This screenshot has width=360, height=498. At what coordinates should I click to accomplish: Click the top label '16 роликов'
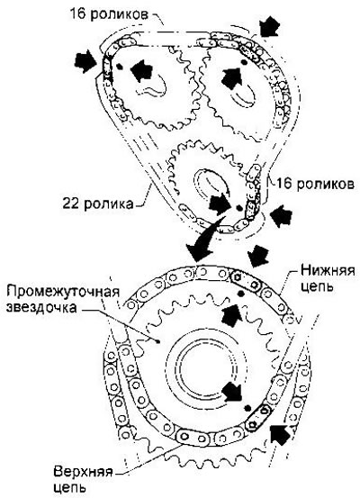[109, 14]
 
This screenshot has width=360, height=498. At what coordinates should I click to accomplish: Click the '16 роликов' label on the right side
[315, 184]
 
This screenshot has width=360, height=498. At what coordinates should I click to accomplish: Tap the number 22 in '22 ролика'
[70, 204]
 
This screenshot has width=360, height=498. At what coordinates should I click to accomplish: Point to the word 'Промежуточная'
[63, 291]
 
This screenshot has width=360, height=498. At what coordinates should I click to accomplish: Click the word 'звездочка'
[41, 307]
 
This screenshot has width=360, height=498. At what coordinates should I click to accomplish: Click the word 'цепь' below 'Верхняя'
[69, 487]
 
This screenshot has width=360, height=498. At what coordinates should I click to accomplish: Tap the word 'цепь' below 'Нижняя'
[317, 286]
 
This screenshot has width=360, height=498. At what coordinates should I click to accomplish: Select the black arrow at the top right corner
[269, 25]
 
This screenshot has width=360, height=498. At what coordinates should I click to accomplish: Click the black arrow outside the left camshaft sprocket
[85, 61]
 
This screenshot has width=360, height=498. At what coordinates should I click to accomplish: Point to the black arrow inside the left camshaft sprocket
[141, 70]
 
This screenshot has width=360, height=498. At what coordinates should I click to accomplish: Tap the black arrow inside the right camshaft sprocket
[232, 77]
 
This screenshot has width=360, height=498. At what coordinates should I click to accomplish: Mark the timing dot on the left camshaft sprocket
[119, 66]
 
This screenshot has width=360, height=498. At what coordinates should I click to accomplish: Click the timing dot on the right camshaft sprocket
[244, 62]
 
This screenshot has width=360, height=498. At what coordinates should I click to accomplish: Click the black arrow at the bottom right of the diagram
[280, 434]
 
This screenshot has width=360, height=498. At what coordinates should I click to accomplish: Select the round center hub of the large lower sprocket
[206, 368]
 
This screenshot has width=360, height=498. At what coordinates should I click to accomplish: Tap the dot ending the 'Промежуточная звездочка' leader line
[157, 341]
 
